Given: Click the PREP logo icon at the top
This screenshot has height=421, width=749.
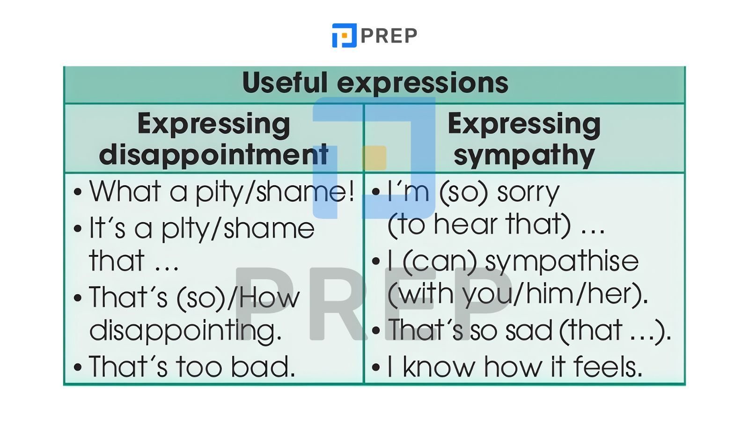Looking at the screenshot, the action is [x=344, y=35].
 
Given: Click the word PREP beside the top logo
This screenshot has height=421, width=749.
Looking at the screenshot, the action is [x=389, y=36].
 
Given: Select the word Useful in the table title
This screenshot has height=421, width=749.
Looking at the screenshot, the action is [x=285, y=82].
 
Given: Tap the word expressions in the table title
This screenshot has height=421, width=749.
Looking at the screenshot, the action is [x=423, y=84].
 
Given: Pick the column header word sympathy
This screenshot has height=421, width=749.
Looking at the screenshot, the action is [x=524, y=156].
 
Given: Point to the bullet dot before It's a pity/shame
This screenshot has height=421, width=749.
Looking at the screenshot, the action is [x=78, y=229].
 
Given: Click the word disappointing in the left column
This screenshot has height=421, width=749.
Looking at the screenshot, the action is [x=185, y=330].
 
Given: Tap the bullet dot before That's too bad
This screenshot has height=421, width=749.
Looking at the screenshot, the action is [x=78, y=367].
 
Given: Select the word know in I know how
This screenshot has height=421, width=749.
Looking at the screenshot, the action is [x=439, y=367].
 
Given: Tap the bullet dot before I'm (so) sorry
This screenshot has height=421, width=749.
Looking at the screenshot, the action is [x=376, y=192].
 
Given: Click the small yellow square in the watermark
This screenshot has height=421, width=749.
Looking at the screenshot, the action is [x=374, y=158].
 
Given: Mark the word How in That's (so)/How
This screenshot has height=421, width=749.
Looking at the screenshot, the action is [x=270, y=297].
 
